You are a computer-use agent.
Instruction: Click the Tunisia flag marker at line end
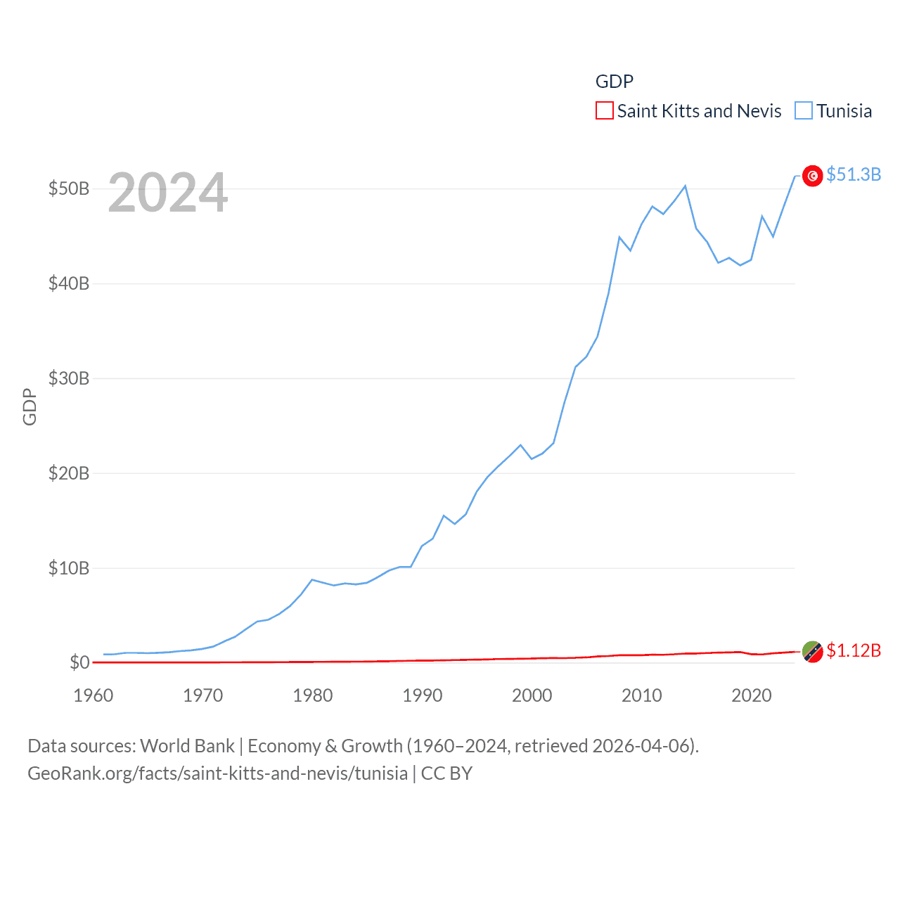point(812,176)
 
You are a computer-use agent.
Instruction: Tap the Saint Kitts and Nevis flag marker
point(812,652)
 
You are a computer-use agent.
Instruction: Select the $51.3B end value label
point(854,174)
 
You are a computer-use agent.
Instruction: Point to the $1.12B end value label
point(854,650)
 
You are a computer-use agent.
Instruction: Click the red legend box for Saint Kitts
point(604,111)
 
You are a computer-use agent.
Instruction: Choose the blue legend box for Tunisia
point(803,111)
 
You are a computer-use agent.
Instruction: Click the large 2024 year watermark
point(167,192)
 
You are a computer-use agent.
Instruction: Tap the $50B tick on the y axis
point(69,188)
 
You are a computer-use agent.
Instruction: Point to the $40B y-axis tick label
point(69,283)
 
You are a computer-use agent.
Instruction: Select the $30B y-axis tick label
point(69,378)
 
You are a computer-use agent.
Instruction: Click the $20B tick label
point(69,473)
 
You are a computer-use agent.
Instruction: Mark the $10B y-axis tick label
point(69,568)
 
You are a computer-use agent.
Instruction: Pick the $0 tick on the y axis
point(79,662)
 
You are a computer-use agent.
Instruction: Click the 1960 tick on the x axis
point(94,695)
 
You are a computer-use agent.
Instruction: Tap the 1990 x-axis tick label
point(423,695)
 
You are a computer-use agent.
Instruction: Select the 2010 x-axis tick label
point(642,695)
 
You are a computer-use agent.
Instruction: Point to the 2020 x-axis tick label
point(752,695)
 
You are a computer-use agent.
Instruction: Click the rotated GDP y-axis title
point(30,406)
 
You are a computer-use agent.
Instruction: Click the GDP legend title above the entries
point(615,82)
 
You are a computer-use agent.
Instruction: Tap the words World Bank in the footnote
point(188,746)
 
